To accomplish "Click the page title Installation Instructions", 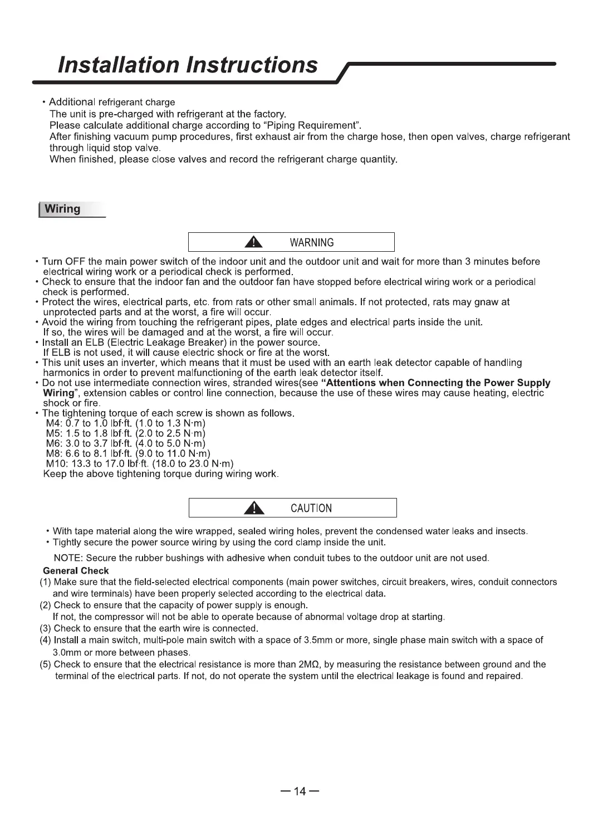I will [188, 65].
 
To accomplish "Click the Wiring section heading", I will [62, 209].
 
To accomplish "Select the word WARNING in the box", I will [312, 243].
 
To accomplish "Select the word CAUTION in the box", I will [311, 509].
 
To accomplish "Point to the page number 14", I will [300, 792].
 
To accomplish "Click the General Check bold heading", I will [76, 571].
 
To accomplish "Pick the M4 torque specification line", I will [126, 424].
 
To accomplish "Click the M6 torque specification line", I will [126, 444].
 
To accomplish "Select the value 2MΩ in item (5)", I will [308, 665].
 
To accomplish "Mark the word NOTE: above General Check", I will [68, 558].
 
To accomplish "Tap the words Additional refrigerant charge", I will [112, 102].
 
